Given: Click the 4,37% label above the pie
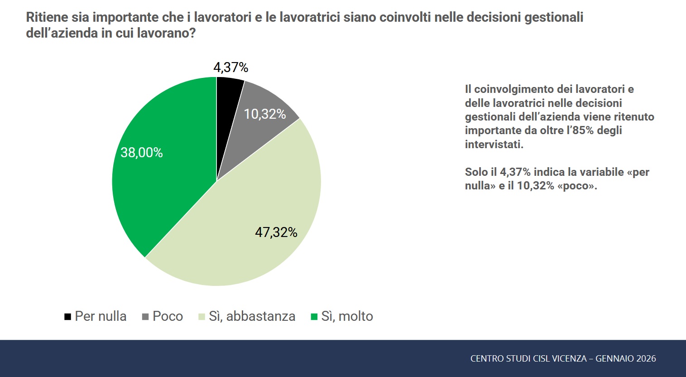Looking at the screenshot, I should click(x=231, y=68).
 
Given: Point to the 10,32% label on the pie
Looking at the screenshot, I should click(x=265, y=114).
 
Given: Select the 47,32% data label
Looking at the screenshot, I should click(x=276, y=232).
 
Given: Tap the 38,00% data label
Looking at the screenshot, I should click(x=142, y=153).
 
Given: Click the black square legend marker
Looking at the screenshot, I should click(x=68, y=317).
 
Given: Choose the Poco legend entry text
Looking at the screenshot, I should click(x=168, y=316).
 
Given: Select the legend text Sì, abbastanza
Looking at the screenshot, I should click(x=252, y=316).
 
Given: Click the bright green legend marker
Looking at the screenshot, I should click(x=314, y=317).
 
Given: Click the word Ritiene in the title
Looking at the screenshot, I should click(x=47, y=17).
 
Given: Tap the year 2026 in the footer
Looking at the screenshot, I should click(x=646, y=358).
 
